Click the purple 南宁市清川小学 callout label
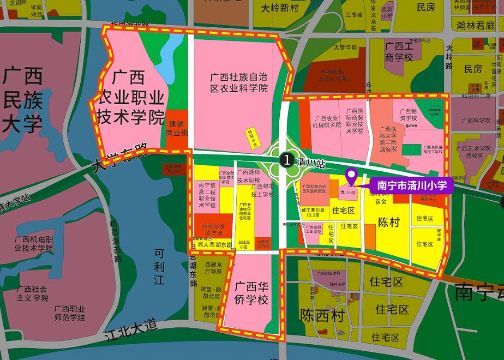tap(412, 185)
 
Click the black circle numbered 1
tap(285, 160)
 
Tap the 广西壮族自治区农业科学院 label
tap(239, 82)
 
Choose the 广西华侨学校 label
tap(251, 293)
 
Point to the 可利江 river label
tap(159, 267)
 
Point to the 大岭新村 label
tap(279, 8)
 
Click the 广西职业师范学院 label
tap(69, 313)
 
